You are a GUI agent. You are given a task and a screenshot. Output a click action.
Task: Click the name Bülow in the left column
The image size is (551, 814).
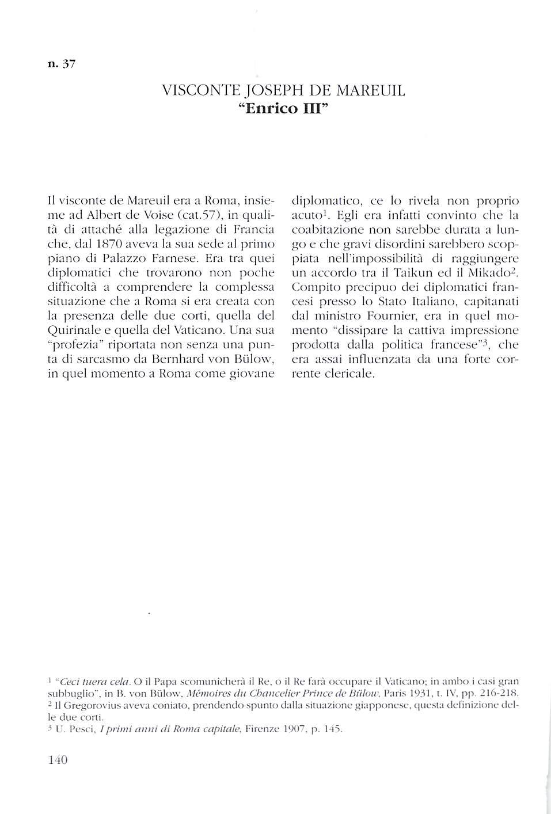click(256, 359)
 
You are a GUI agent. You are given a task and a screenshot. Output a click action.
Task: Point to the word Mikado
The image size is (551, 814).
click(492, 273)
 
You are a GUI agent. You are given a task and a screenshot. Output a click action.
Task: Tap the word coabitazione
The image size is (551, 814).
click(328, 230)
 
